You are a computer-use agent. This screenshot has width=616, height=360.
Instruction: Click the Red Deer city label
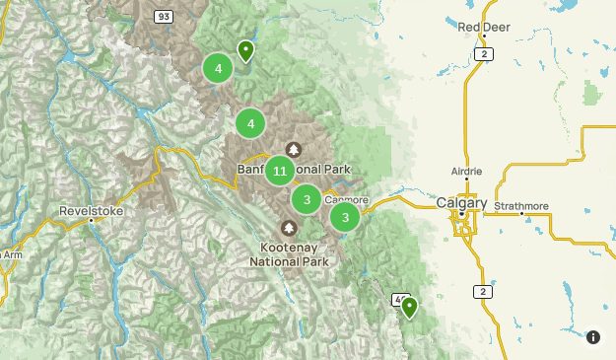(x=481, y=27)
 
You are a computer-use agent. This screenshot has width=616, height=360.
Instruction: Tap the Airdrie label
(x=467, y=170)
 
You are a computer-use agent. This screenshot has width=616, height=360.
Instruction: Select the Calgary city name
(x=461, y=203)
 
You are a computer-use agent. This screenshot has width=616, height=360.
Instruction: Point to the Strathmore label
(x=521, y=206)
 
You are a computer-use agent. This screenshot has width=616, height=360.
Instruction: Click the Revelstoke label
(x=91, y=210)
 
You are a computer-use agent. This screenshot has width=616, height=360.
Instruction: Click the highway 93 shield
(x=164, y=17)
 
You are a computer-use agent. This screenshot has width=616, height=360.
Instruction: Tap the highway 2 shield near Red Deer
(x=482, y=54)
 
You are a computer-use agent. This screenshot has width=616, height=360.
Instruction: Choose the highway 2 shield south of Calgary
(x=481, y=291)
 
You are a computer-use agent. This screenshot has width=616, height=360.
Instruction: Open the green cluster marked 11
(x=280, y=171)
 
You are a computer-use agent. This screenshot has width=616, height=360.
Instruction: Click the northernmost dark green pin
(x=245, y=49)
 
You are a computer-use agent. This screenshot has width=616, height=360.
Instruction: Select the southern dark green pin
(x=408, y=307)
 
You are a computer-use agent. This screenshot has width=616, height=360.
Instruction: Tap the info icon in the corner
(x=592, y=337)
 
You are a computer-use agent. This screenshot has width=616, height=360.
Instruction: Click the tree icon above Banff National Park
(x=292, y=148)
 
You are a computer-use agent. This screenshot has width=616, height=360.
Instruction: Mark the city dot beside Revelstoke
(x=91, y=221)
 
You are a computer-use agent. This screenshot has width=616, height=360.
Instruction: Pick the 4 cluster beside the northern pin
(x=217, y=69)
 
